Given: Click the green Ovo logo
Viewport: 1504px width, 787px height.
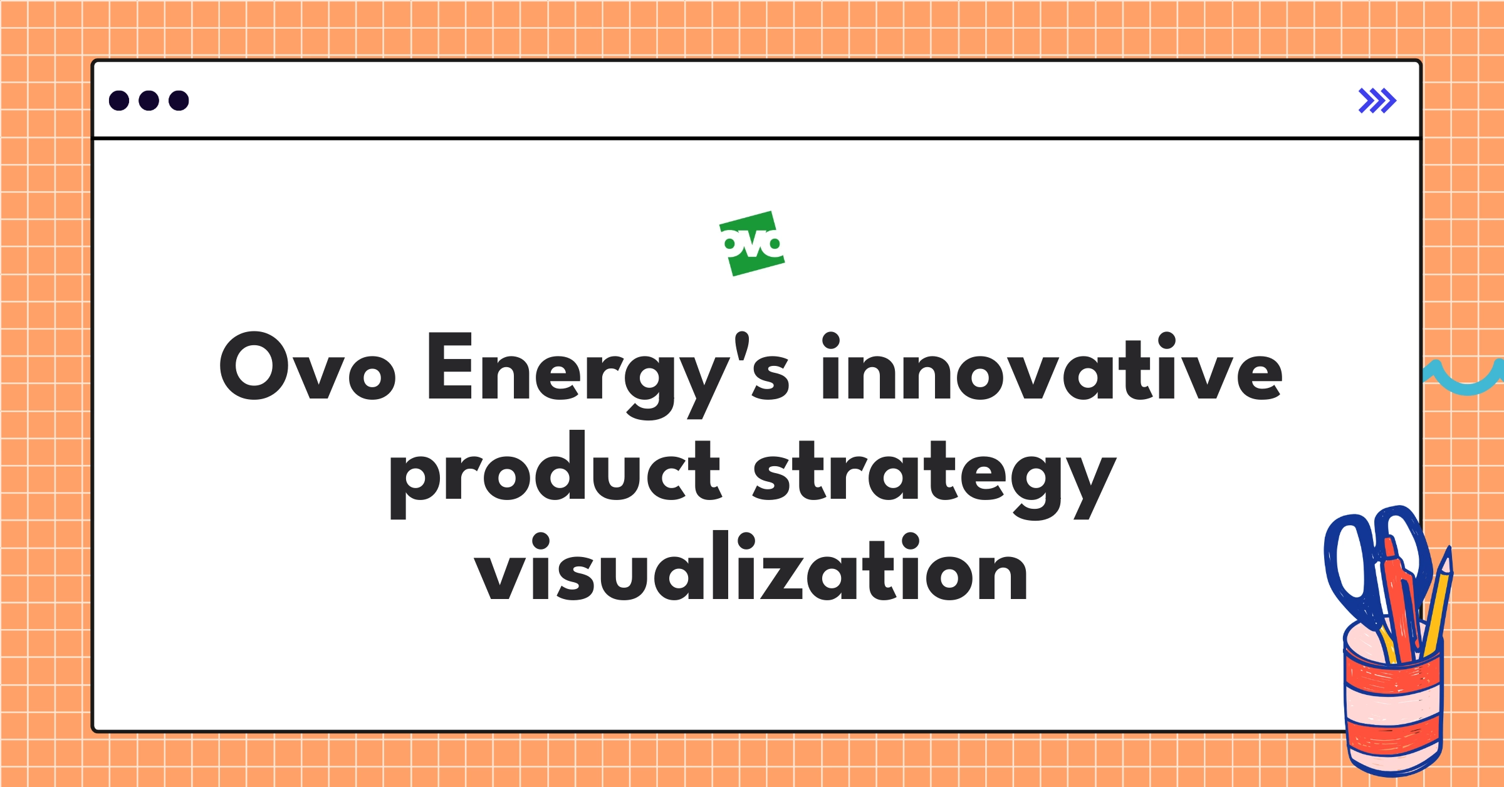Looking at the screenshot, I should point(752,244).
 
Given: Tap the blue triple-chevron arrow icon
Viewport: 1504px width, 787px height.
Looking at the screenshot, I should point(1377,101).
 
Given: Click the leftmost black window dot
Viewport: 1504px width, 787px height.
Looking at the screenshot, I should point(119,101).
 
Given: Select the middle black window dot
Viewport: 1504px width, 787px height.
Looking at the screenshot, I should point(149,101).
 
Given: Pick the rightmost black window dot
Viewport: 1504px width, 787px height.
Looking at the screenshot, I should point(179,101).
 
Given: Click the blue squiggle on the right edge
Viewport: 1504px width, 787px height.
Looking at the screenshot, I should point(1464,378).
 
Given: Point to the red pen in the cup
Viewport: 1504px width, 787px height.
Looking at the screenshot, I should point(1401,602).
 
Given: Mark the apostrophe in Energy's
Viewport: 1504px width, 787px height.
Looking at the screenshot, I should point(742,345).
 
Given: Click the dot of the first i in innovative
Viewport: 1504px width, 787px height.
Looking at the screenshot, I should point(830,341).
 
